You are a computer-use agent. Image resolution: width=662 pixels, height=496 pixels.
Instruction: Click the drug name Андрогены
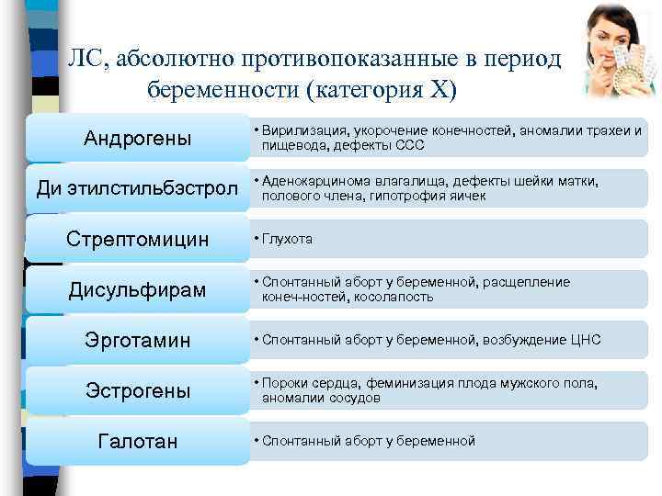click(x=138, y=139)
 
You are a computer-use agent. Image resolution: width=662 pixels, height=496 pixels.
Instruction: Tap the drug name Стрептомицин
click(x=138, y=239)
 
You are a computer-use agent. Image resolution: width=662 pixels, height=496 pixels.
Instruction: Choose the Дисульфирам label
click(x=138, y=290)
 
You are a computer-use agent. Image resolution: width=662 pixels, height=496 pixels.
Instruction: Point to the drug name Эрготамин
click(x=138, y=341)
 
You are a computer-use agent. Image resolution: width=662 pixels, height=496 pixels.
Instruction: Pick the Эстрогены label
click(x=138, y=391)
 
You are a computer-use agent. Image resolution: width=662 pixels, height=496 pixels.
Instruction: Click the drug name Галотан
click(x=138, y=442)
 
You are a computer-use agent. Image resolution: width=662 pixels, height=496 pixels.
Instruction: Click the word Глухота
click(x=288, y=239)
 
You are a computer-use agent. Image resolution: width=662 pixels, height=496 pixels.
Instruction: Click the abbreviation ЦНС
click(x=585, y=341)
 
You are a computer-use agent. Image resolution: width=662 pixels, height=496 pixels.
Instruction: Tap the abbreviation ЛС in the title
click(x=86, y=60)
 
